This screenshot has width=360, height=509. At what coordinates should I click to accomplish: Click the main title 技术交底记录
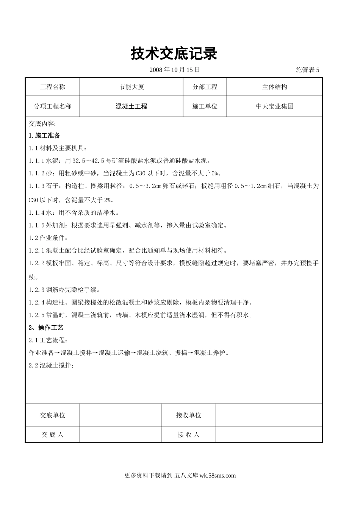[x=174, y=54]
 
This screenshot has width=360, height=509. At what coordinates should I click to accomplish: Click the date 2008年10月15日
[x=174, y=70]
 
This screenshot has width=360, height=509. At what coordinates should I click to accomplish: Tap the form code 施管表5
[x=307, y=70]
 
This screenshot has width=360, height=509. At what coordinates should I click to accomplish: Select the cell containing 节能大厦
[x=131, y=87]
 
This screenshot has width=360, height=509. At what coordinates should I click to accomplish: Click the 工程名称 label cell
[x=53, y=87]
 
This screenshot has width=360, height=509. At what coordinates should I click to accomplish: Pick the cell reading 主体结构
[x=274, y=87]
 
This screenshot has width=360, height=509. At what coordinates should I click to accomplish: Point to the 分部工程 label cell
[x=205, y=87]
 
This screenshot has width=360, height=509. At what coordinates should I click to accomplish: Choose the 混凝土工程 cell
[x=131, y=106]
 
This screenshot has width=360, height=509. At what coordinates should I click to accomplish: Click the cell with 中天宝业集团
[x=274, y=106]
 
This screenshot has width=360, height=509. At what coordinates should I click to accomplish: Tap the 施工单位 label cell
[x=205, y=106]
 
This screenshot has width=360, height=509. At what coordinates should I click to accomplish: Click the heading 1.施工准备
[x=44, y=136]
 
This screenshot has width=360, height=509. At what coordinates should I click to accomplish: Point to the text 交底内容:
[x=42, y=123]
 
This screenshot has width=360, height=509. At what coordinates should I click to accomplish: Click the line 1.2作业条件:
[x=48, y=238]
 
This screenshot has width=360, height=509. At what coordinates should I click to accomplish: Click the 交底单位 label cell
[x=53, y=415]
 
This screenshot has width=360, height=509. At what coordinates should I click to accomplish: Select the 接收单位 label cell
[x=188, y=415]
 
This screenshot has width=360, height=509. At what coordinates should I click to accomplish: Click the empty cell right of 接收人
[x=269, y=435]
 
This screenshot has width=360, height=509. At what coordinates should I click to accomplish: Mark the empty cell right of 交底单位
[x=121, y=415]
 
